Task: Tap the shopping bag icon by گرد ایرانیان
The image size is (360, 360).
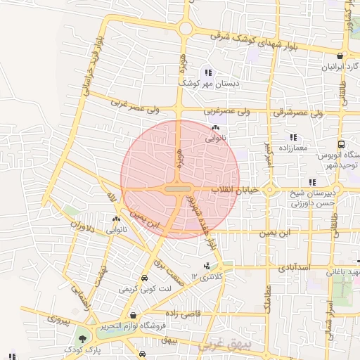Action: (x=340, y=56)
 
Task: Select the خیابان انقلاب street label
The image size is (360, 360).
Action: (x=236, y=190)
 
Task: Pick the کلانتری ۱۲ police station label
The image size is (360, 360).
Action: (x=205, y=277)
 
